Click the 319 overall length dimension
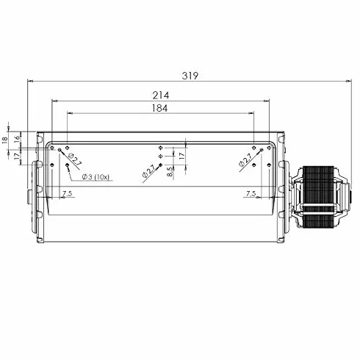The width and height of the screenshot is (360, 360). tap(190, 76)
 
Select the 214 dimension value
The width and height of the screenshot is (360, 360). tap(161, 95)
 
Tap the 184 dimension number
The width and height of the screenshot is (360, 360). tap(159, 108)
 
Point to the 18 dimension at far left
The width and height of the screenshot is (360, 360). tap(4, 140)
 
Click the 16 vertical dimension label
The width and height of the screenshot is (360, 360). tap(17, 137)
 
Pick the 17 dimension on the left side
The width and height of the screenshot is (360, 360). tap(17, 156)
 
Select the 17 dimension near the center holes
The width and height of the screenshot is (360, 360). tap(181, 156)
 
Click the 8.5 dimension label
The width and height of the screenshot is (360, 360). tap(170, 172)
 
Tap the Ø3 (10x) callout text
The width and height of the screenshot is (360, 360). tap(96, 177)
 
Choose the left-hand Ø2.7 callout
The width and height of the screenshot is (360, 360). tap(74, 159)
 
